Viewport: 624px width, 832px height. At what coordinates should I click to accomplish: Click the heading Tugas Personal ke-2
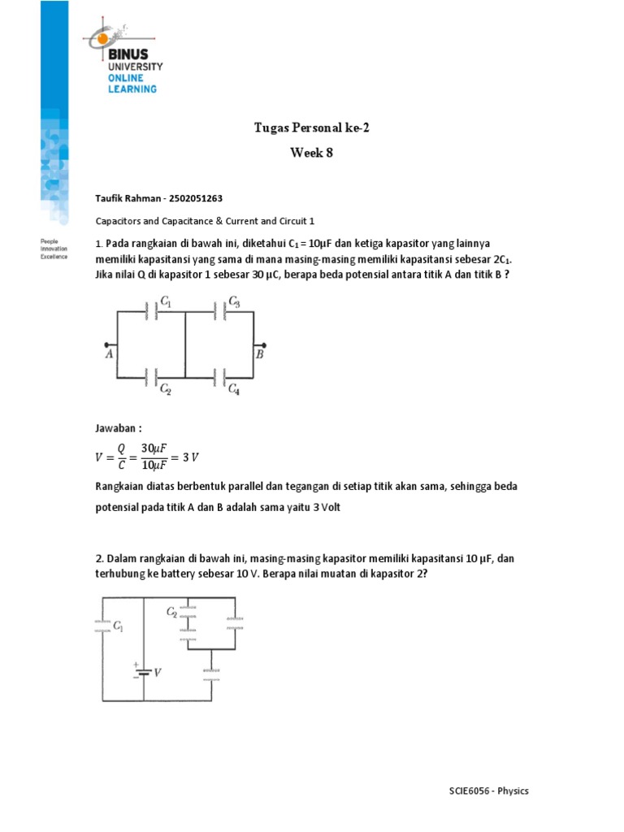point(311,128)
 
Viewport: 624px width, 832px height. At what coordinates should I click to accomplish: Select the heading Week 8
point(311,153)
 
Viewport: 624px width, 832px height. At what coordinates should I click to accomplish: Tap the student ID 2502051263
point(189,197)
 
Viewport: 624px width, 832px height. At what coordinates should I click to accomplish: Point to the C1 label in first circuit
point(167,301)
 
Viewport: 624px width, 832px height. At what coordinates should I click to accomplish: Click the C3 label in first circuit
point(234,301)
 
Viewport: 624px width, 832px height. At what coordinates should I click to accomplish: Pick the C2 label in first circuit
point(165,390)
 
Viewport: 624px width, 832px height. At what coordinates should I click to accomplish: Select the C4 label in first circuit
point(234,390)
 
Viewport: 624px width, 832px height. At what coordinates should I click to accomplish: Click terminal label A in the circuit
point(108,354)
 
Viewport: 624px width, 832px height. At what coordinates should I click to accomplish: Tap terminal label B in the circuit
point(259,354)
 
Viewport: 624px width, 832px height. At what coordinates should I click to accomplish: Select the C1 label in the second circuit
point(119,626)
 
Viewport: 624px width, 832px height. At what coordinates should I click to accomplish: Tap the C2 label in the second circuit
point(171,611)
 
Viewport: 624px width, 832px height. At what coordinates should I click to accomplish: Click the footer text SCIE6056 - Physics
point(489,791)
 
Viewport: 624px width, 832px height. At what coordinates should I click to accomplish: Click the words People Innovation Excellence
point(54,249)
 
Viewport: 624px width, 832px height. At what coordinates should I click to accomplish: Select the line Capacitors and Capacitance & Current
point(206,220)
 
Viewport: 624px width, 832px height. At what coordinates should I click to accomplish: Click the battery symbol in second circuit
point(143,670)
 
